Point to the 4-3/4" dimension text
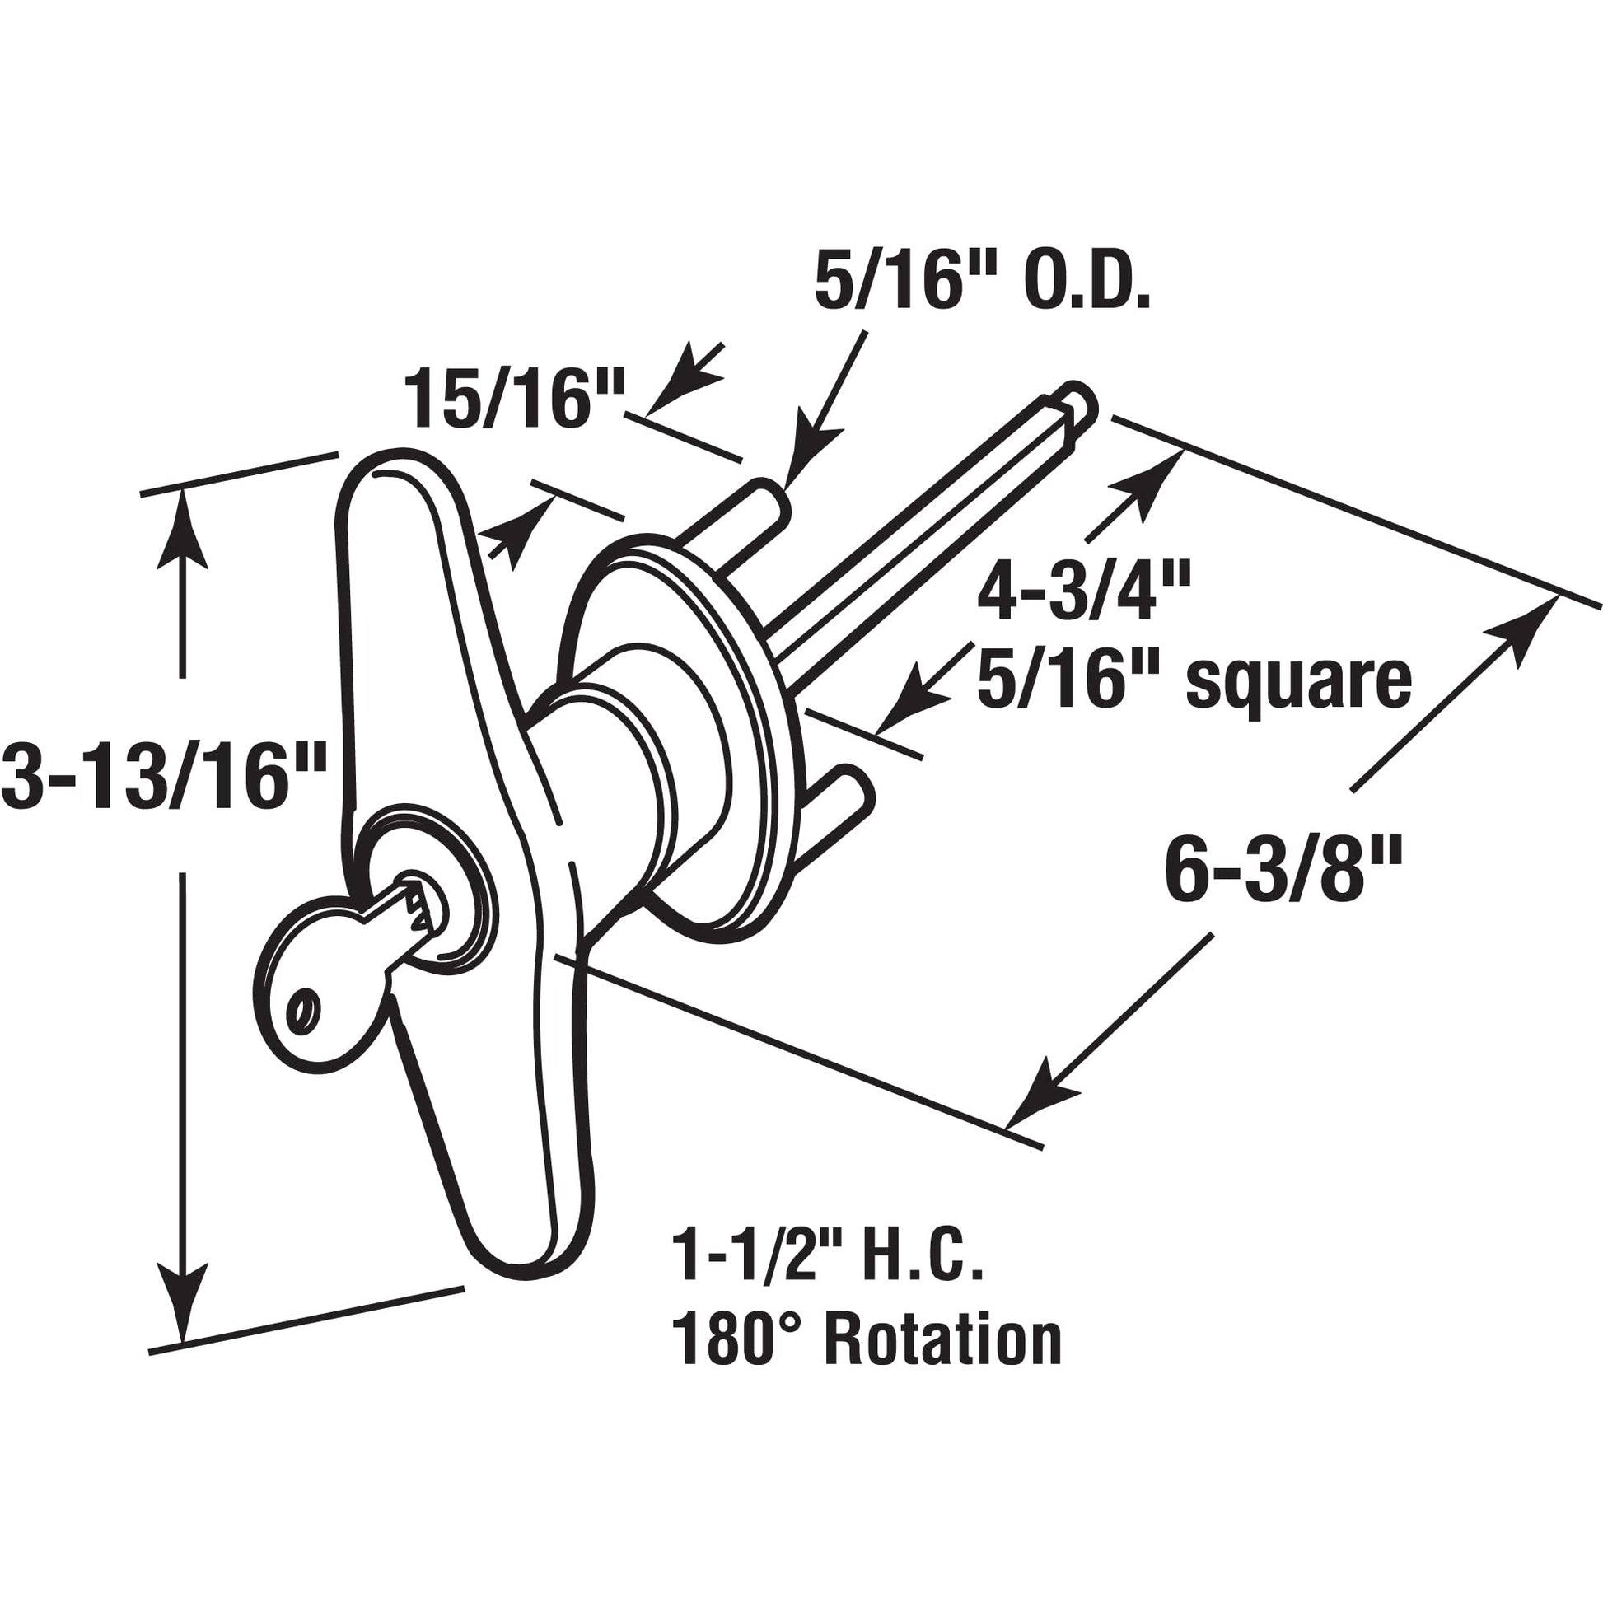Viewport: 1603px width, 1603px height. click(x=1083, y=591)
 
